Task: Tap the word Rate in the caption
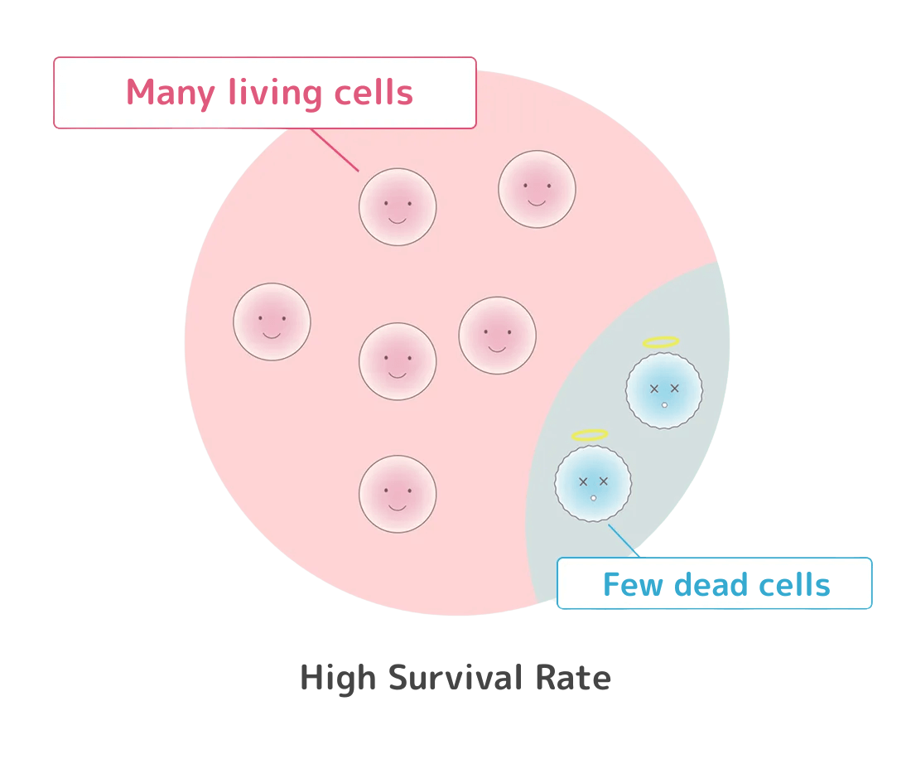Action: point(573,678)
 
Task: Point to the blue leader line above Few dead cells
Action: point(623,539)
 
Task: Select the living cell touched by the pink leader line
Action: point(398,207)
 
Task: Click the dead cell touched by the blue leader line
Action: point(593,483)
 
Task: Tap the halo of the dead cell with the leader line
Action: point(590,435)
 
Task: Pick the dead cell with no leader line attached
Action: point(664,390)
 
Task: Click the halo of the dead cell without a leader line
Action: point(661,341)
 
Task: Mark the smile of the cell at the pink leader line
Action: point(398,220)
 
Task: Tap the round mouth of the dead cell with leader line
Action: point(593,498)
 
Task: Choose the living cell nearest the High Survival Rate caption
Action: point(398,494)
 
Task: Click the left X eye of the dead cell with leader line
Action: point(583,481)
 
